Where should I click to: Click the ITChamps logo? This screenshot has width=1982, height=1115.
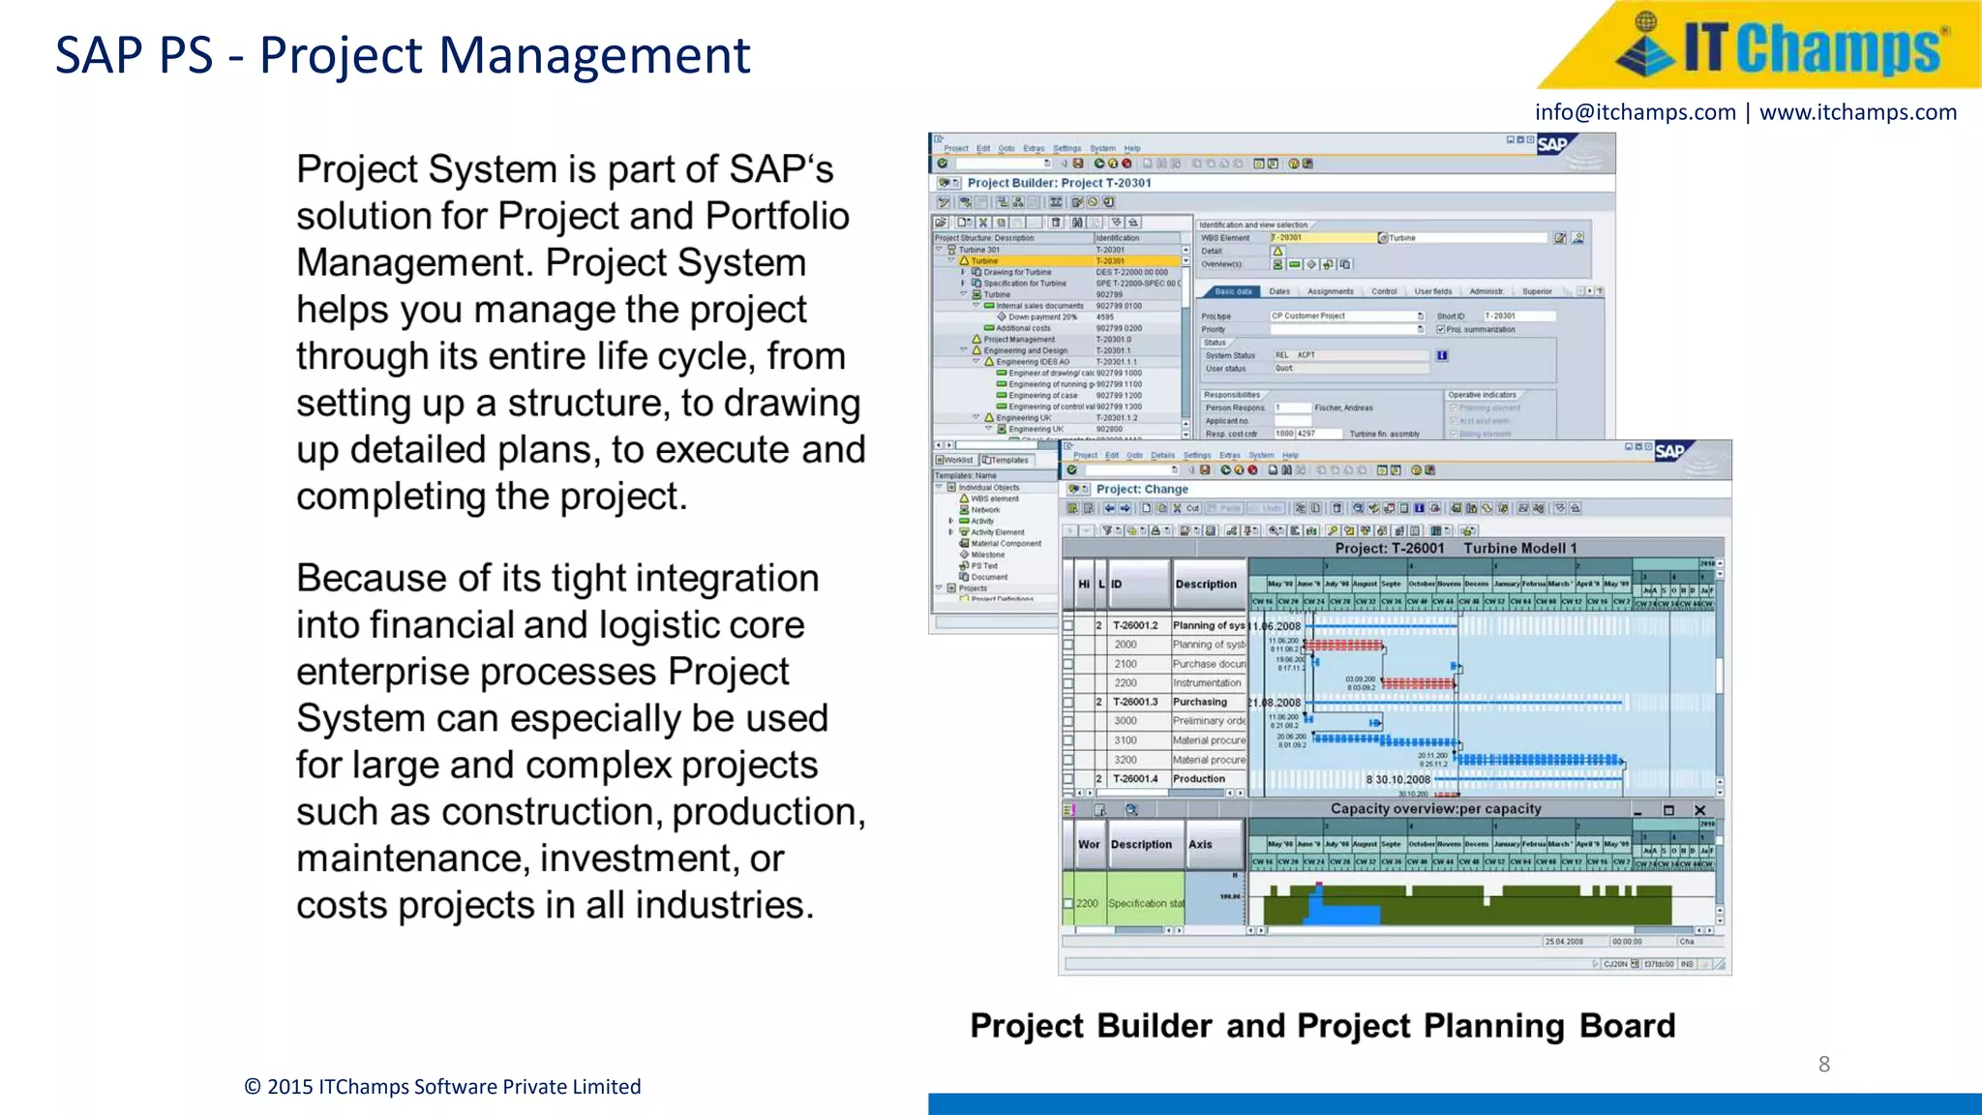coord(1779,46)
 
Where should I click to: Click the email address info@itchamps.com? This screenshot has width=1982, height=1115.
coord(1635,112)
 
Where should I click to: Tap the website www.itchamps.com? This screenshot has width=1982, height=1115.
coord(1857,112)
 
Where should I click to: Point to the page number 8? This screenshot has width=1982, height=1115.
coord(1823,1064)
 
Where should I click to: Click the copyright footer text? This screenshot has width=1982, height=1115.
coord(442,1086)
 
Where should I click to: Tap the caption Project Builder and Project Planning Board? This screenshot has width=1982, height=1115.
coord(1322,1026)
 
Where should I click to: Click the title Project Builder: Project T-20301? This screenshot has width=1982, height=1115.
coord(1059,183)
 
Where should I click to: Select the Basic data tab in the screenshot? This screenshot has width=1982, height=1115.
coord(1232,291)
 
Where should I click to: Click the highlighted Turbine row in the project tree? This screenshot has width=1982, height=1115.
coord(985,261)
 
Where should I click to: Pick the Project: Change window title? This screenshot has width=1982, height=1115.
coord(1142,489)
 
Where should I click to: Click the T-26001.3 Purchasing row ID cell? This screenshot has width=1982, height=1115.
coord(1134,702)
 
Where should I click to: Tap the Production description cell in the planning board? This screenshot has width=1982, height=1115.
coord(1199,778)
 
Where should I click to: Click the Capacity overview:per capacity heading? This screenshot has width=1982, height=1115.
coord(1435,809)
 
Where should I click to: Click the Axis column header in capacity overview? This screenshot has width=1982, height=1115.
coord(1200,844)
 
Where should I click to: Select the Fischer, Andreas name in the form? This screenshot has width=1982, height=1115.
coord(1343,407)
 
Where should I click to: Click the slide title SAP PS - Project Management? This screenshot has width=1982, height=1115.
coord(402,55)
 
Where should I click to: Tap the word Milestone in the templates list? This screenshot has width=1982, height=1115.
coord(987,555)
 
